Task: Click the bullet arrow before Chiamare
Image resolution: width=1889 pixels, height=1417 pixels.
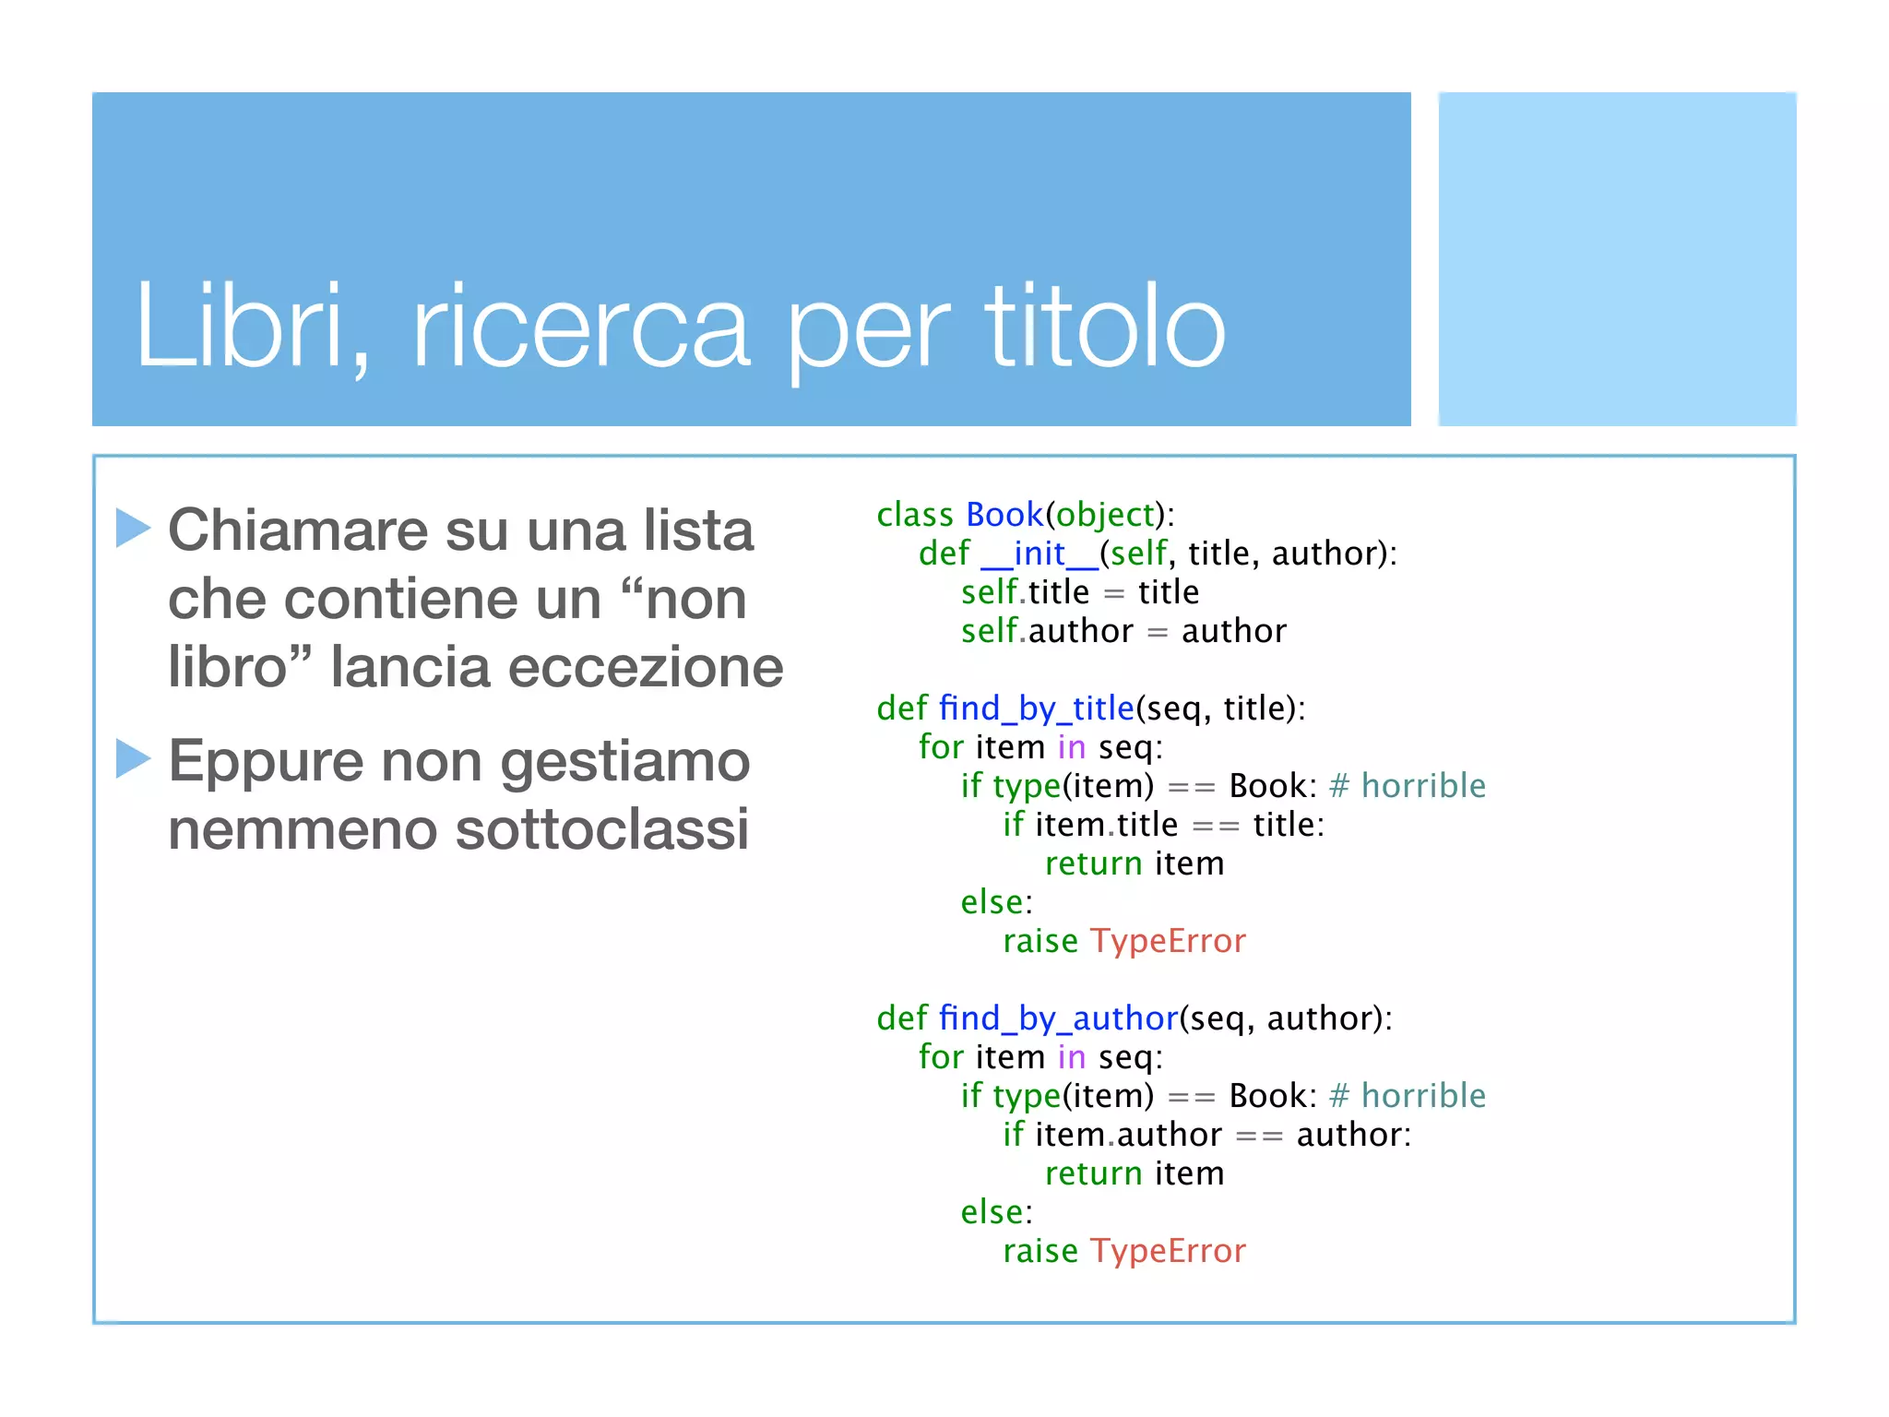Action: (133, 528)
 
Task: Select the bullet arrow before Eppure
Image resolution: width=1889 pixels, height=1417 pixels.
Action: (133, 758)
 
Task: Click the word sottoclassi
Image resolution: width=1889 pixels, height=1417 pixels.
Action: (601, 828)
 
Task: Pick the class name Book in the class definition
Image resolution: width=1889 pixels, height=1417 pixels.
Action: (1004, 514)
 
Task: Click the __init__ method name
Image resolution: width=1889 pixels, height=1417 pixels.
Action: (1039, 554)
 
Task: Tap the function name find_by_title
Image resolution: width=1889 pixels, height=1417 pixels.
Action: (1036, 708)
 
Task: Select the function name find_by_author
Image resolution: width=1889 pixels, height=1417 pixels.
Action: (1058, 1018)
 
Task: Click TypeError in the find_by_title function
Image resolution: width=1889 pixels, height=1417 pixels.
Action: (1168, 941)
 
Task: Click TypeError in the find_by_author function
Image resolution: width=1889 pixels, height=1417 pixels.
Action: (1168, 1251)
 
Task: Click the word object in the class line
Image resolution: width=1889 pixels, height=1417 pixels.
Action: (1105, 514)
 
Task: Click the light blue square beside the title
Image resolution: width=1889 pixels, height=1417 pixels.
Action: (1617, 259)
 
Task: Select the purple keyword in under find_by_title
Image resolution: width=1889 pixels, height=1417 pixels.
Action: (1071, 747)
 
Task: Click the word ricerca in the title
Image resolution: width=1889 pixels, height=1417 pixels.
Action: (580, 327)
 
